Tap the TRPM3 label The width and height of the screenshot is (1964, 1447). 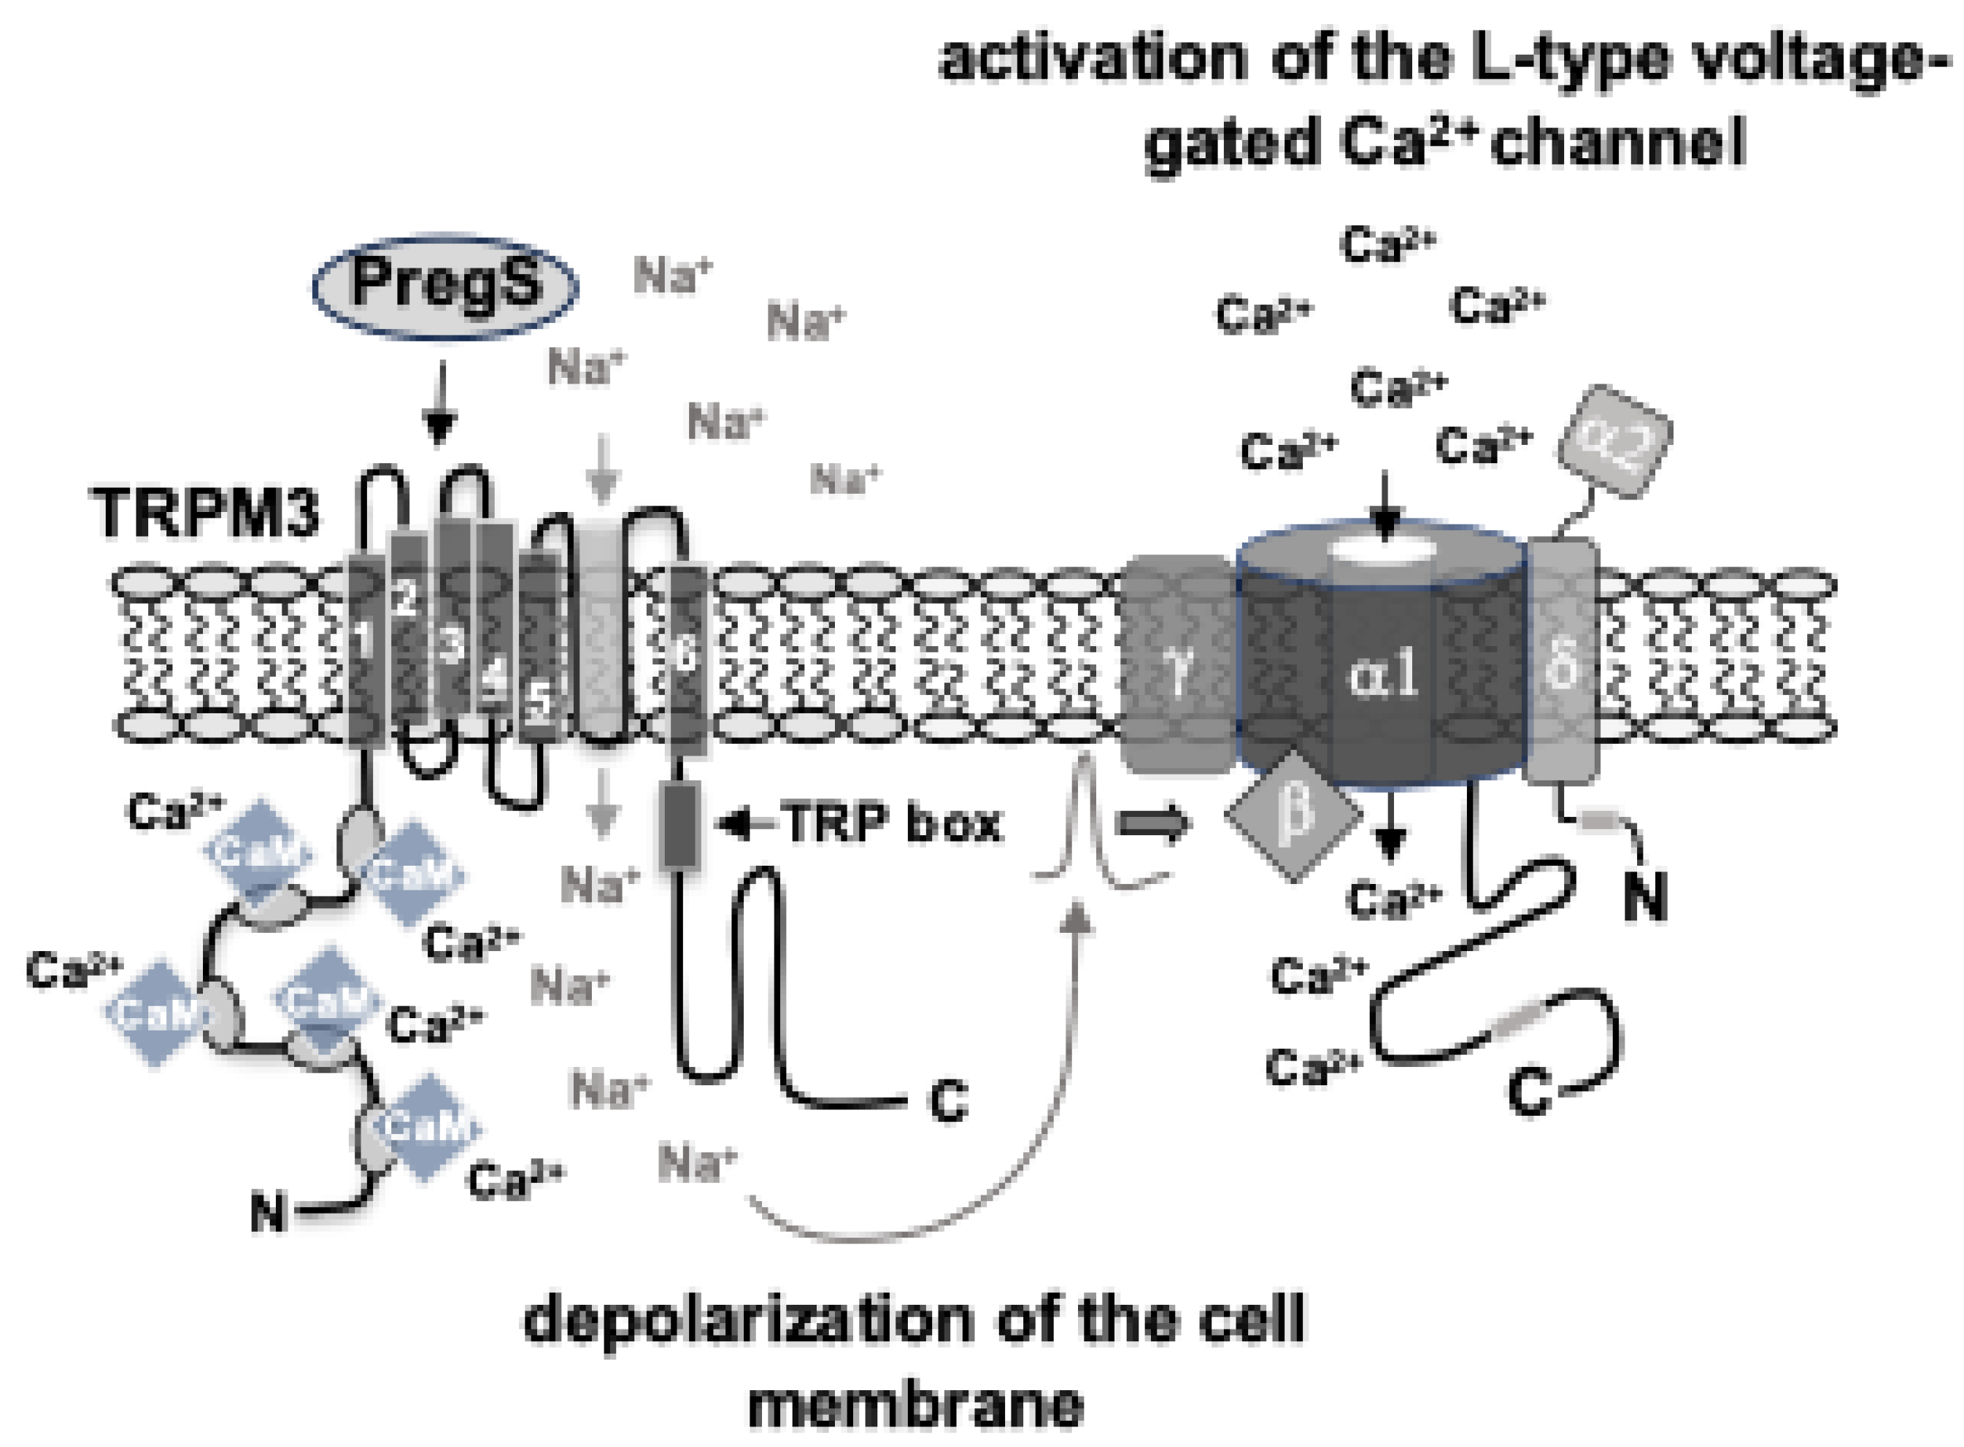tap(204, 513)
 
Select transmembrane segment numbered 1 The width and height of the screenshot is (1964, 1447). tap(366, 648)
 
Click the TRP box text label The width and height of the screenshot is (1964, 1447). tap(892, 823)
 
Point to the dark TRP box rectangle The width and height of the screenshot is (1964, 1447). tap(680, 825)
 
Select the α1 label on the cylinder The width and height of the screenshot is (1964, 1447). tap(1382, 675)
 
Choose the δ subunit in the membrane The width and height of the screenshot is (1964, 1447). tap(1563, 662)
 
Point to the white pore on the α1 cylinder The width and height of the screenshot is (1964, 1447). tap(1383, 550)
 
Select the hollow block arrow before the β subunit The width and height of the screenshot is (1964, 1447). tap(1152, 823)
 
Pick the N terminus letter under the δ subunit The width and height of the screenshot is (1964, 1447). tap(1644, 898)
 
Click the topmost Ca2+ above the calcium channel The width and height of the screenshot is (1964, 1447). tap(1387, 244)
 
